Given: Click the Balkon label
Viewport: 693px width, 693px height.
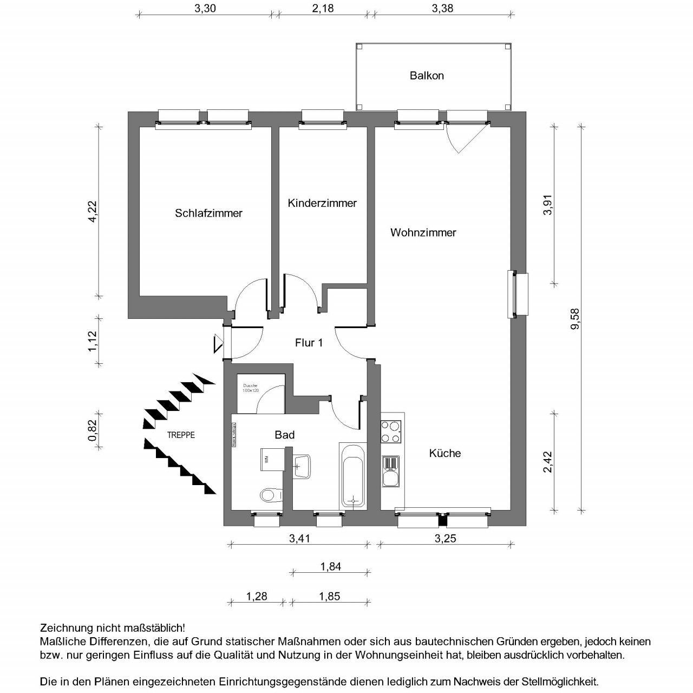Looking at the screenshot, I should (x=427, y=76).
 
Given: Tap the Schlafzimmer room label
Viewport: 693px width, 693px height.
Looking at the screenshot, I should (x=208, y=213).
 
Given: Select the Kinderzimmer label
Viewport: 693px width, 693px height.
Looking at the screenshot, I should (x=322, y=204).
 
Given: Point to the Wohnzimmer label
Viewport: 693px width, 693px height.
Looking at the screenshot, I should (x=423, y=233).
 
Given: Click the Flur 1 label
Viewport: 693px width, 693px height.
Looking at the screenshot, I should (x=309, y=343).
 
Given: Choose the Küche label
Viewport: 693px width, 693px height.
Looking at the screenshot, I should (x=445, y=453).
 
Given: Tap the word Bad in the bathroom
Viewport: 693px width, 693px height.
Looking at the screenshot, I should (x=285, y=435).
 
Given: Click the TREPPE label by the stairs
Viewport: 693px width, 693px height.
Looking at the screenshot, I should (x=181, y=435).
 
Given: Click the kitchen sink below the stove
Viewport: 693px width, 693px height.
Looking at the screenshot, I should (x=391, y=470).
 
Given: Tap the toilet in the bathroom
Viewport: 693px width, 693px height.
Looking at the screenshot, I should (x=271, y=494).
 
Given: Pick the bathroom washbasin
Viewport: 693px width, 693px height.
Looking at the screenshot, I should (x=302, y=466).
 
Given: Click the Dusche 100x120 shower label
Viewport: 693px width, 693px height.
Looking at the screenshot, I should (x=251, y=388).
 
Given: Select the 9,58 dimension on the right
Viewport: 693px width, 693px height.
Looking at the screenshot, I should (x=574, y=318).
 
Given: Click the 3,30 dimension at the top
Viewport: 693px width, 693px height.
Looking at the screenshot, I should (x=203, y=8).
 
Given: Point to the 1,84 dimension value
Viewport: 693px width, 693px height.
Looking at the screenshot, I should (x=330, y=567).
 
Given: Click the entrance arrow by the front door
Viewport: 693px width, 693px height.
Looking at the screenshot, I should (x=219, y=343).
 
